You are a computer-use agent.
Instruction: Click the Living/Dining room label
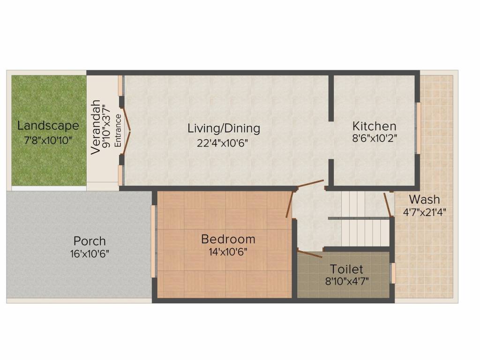point(224,128)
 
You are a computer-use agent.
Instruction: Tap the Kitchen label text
point(374,126)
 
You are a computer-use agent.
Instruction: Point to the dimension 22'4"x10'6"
point(222,143)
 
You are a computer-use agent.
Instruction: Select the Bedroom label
point(228,239)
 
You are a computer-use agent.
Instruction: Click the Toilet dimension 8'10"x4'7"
point(347,281)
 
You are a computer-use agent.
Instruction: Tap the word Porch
point(90,241)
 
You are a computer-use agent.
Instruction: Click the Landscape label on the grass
point(48,126)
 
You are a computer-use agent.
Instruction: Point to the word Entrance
point(118,130)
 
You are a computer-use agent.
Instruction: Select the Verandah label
point(96,127)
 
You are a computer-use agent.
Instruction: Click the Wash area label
point(424,200)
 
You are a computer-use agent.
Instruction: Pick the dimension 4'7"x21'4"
point(424,212)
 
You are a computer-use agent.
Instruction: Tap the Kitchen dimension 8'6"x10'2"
point(375,138)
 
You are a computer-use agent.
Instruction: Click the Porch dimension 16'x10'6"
point(90,254)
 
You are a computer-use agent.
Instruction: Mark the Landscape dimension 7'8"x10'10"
point(48,141)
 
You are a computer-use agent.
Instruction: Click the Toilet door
point(309,254)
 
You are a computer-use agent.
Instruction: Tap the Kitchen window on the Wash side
point(418,128)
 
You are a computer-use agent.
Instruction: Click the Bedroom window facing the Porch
point(154,241)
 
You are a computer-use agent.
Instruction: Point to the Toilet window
point(393,273)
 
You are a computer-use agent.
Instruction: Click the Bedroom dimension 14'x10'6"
point(228,252)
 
